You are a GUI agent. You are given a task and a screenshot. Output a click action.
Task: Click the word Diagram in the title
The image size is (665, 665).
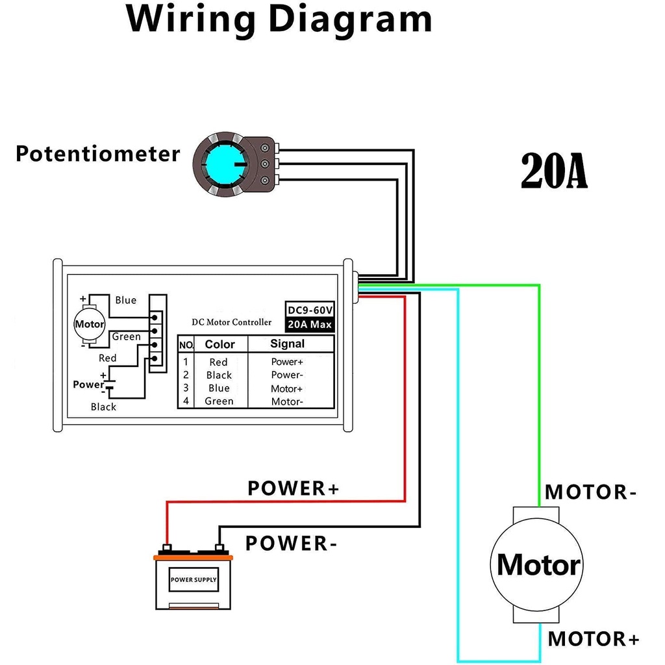351,19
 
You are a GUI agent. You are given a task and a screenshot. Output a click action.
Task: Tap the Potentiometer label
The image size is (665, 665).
97,155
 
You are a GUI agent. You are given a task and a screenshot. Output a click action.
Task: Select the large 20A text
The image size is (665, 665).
554,172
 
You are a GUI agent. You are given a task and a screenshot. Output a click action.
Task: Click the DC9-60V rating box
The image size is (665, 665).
310,310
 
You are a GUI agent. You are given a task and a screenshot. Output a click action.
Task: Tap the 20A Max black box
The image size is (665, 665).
310,324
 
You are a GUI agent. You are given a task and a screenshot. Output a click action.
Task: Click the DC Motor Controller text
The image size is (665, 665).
232,322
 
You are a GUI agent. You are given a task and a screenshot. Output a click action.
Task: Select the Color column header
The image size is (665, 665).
220,344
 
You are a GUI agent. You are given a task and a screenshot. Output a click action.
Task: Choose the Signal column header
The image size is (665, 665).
287,344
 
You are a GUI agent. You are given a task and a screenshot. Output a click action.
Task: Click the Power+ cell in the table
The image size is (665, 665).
287,362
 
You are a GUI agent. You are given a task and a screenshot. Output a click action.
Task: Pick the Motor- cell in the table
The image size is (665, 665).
287,402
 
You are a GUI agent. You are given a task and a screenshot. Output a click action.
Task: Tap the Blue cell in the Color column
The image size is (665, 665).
219,388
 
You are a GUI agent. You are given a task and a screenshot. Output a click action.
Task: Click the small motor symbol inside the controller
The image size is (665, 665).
90,324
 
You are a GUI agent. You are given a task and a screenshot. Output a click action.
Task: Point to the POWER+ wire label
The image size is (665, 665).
294,488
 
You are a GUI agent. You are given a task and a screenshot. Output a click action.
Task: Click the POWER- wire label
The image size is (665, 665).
291,544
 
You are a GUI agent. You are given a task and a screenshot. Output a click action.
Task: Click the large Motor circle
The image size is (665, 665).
538,565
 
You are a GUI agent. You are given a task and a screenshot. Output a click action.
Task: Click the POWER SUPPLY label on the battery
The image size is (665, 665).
194,579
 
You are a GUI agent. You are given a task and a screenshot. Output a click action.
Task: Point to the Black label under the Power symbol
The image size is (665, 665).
103,407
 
